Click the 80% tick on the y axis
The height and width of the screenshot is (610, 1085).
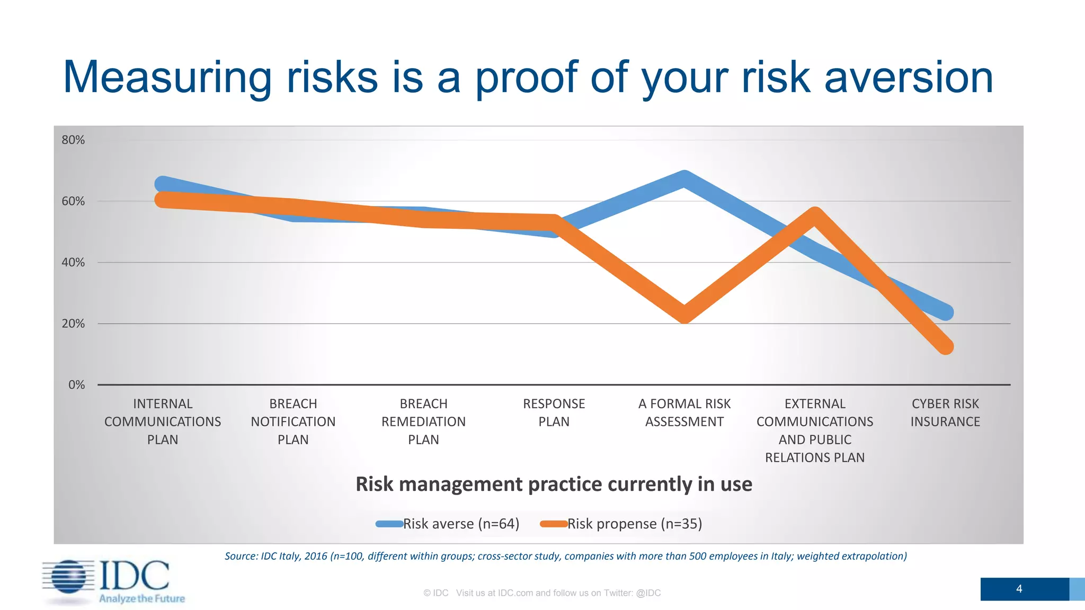tap(73, 140)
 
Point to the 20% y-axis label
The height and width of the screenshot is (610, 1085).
tap(73, 324)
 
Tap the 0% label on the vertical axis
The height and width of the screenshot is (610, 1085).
tap(76, 385)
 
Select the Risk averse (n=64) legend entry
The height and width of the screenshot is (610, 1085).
tap(448, 524)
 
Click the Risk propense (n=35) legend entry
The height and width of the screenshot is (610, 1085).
tap(621, 524)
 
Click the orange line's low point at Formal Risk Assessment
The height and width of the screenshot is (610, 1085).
tap(684, 314)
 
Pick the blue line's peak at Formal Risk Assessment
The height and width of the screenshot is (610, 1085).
tap(684, 179)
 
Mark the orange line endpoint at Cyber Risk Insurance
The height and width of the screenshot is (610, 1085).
tap(946, 347)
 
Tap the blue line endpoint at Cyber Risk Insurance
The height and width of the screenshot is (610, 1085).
tap(946, 312)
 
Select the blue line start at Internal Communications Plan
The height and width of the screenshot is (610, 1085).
tap(162, 184)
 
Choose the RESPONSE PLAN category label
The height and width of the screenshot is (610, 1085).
tap(554, 412)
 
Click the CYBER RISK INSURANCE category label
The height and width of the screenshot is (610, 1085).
tap(945, 412)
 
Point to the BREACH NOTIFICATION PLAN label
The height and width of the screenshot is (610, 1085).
tap(293, 421)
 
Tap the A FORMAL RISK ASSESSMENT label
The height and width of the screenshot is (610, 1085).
tap(684, 412)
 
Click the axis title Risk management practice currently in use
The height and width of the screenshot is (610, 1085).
tap(554, 484)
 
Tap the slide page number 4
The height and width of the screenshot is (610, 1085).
tap(1019, 589)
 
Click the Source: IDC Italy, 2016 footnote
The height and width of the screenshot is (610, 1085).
tap(565, 556)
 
